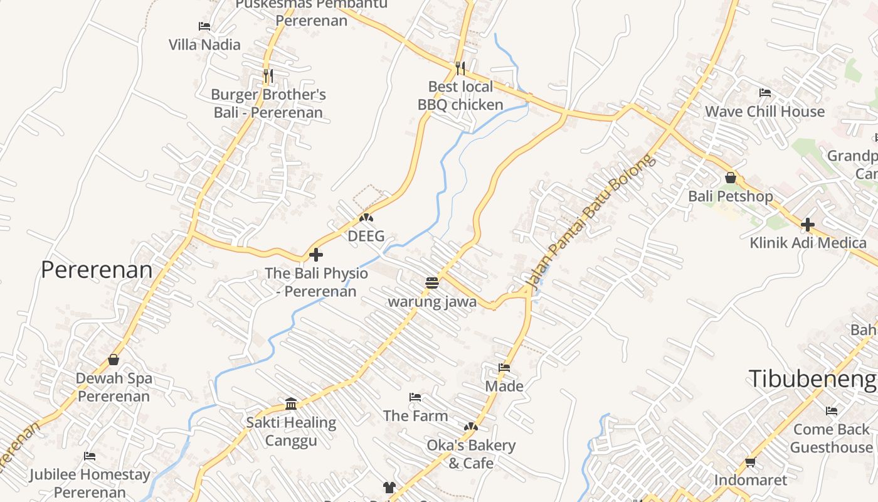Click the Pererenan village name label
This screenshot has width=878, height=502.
pos(97,270)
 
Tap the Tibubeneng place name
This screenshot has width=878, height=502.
pos(812,379)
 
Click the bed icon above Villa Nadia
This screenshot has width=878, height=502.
pos(204,26)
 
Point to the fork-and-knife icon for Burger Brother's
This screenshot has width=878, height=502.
pos(268,76)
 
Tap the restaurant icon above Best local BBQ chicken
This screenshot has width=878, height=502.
pos(460,68)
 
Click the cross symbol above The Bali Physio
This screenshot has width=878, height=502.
pos(316,255)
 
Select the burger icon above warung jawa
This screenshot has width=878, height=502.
pos(431,283)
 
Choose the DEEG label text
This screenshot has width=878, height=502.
pos(366,237)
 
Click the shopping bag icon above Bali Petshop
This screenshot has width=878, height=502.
pos(731,178)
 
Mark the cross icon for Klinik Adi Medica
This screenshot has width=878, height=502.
pos(808,224)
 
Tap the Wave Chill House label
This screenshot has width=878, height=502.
pos(764,112)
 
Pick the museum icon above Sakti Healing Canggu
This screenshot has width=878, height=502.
pos(291,403)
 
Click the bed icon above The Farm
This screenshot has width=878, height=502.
pos(415,397)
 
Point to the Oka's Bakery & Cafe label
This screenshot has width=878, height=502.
pos(471,454)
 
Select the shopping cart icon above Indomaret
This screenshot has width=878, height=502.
pos(750,462)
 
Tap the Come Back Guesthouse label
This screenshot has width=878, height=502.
pos(831,438)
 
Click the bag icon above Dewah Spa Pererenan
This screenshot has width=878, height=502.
pos(114,360)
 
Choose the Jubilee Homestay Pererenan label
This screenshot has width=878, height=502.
pos(90,483)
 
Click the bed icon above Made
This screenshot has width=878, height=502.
pos(504,368)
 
